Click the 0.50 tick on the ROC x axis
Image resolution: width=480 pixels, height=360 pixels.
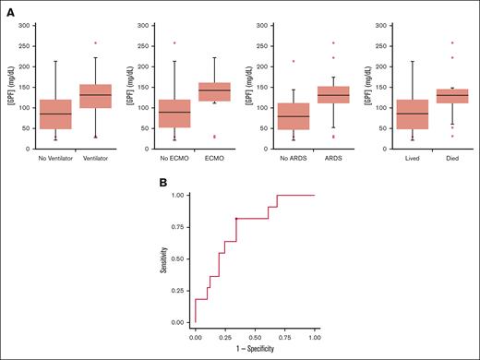(x=255, y=338)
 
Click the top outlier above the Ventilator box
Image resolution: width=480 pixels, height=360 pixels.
(x=121, y=43)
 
